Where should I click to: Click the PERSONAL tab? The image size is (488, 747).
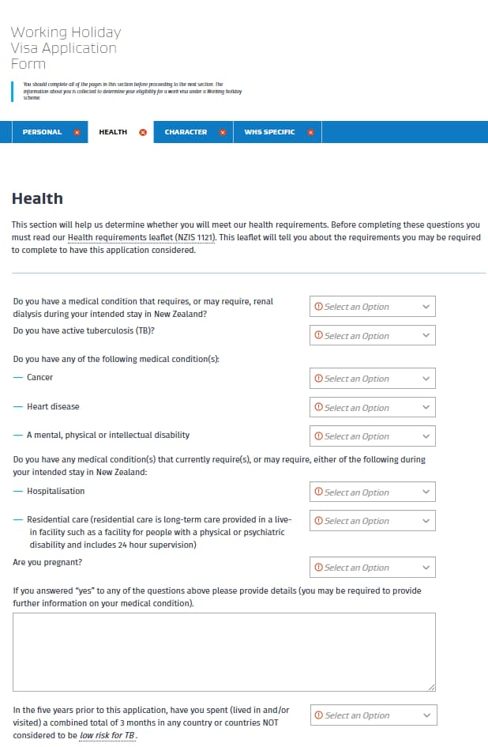pyautogui.click(x=42, y=132)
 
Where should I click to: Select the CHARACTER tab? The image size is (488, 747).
pyautogui.click(x=186, y=132)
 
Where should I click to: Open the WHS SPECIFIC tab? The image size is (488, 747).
pyautogui.click(x=269, y=132)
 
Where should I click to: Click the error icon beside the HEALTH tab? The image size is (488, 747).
pyautogui.click(x=143, y=132)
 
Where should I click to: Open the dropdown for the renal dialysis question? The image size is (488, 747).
pyautogui.click(x=372, y=307)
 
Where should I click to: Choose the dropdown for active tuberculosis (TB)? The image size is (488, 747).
pyautogui.click(x=372, y=336)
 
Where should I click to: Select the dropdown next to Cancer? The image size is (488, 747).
pyautogui.click(x=372, y=379)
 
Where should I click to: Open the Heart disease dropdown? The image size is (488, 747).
pyautogui.click(x=372, y=408)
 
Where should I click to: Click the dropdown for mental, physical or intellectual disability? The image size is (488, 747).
pyautogui.click(x=372, y=436)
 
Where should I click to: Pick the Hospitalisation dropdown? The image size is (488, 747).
pyautogui.click(x=372, y=492)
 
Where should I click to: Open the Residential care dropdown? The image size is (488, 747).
pyautogui.click(x=372, y=521)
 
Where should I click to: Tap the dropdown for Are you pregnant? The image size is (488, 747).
pyautogui.click(x=372, y=568)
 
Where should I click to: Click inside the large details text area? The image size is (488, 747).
pyautogui.click(x=223, y=651)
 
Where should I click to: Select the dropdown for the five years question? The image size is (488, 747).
pyautogui.click(x=373, y=715)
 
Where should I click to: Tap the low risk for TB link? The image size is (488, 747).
pyautogui.click(x=107, y=736)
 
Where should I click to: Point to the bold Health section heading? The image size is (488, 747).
pyautogui.click(x=37, y=198)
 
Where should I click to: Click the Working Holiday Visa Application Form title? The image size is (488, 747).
pyautogui.click(x=65, y=47)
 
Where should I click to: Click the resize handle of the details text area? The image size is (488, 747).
pyautogui.click(x=431, y=687)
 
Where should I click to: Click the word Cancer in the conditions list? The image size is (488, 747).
pyautogui.click(x=40, y=378)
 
